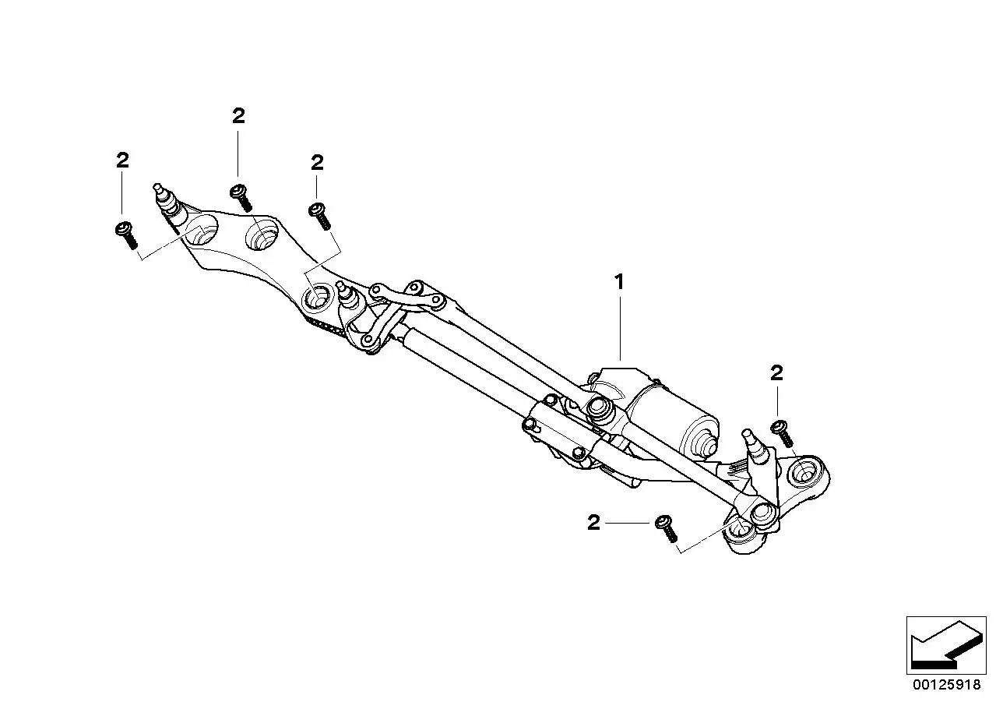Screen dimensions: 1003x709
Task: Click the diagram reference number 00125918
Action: coord(947,685)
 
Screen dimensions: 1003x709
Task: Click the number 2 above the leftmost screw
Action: coord(122,160)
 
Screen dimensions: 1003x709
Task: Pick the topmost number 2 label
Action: coord(238,116)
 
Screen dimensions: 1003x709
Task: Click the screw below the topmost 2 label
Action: coord(241,198)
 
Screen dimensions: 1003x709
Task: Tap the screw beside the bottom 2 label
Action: coord(666,529)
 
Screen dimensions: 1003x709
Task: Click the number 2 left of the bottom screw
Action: coord(593,522)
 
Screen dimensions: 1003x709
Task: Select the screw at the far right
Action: coord(782,433)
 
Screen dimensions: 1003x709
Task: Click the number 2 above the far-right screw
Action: coord(776,373)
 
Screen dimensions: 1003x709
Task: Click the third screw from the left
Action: coord(320,217)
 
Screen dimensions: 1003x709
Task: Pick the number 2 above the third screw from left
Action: coord(317,163)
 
